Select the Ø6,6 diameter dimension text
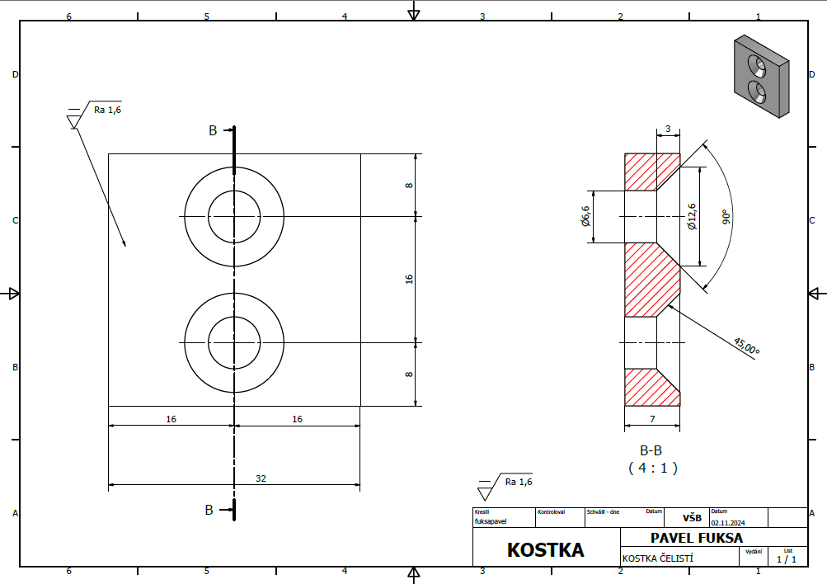point(586,216)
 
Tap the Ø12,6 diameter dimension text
point(691,216)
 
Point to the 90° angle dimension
point(726,217)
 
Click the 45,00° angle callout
point(745,346)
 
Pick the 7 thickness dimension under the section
point(651,420)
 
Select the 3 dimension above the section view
point(667,130)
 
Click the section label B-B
point(651,451)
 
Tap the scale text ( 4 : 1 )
point(651,468)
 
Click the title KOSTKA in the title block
point(545,549)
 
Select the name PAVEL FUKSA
point(696,538)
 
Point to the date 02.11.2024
point(728,520)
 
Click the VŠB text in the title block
point(692,519)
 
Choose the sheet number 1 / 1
point(787,559)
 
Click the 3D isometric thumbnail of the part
point(760,77)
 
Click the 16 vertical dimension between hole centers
point(409,280)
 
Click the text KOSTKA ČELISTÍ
point(657,558)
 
